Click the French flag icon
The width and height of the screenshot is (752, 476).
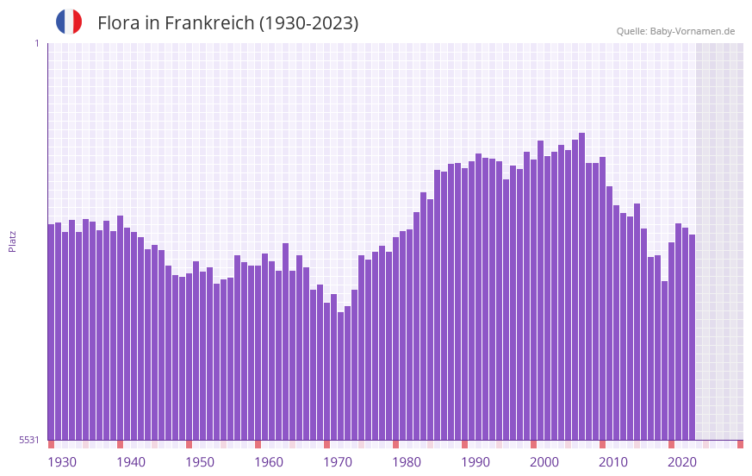[69, 22]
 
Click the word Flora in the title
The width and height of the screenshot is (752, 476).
[116, 23]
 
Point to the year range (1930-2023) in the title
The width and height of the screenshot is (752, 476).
[308, 23]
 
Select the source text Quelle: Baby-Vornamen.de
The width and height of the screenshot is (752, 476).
[675, 31]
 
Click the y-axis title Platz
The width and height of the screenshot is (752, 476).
[12, 241]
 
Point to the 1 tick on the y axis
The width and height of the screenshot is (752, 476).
[36, 43]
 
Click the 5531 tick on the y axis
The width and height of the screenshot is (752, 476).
[29, 440]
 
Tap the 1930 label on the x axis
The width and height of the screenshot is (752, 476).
[62, 462]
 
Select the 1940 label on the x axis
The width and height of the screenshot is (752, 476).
[131, 462]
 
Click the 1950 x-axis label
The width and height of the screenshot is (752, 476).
[200, 462]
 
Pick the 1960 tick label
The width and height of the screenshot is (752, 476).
[269, 462]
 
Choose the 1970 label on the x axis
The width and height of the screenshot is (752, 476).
[338, 462]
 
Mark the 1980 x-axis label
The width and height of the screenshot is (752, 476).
[407, 462]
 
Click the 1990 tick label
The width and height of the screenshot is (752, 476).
[475, 462]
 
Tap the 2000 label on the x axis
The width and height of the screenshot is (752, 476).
[544, 462]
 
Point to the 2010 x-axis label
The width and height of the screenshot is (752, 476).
[613, 462]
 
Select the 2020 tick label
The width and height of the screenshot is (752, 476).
[682, 462]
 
